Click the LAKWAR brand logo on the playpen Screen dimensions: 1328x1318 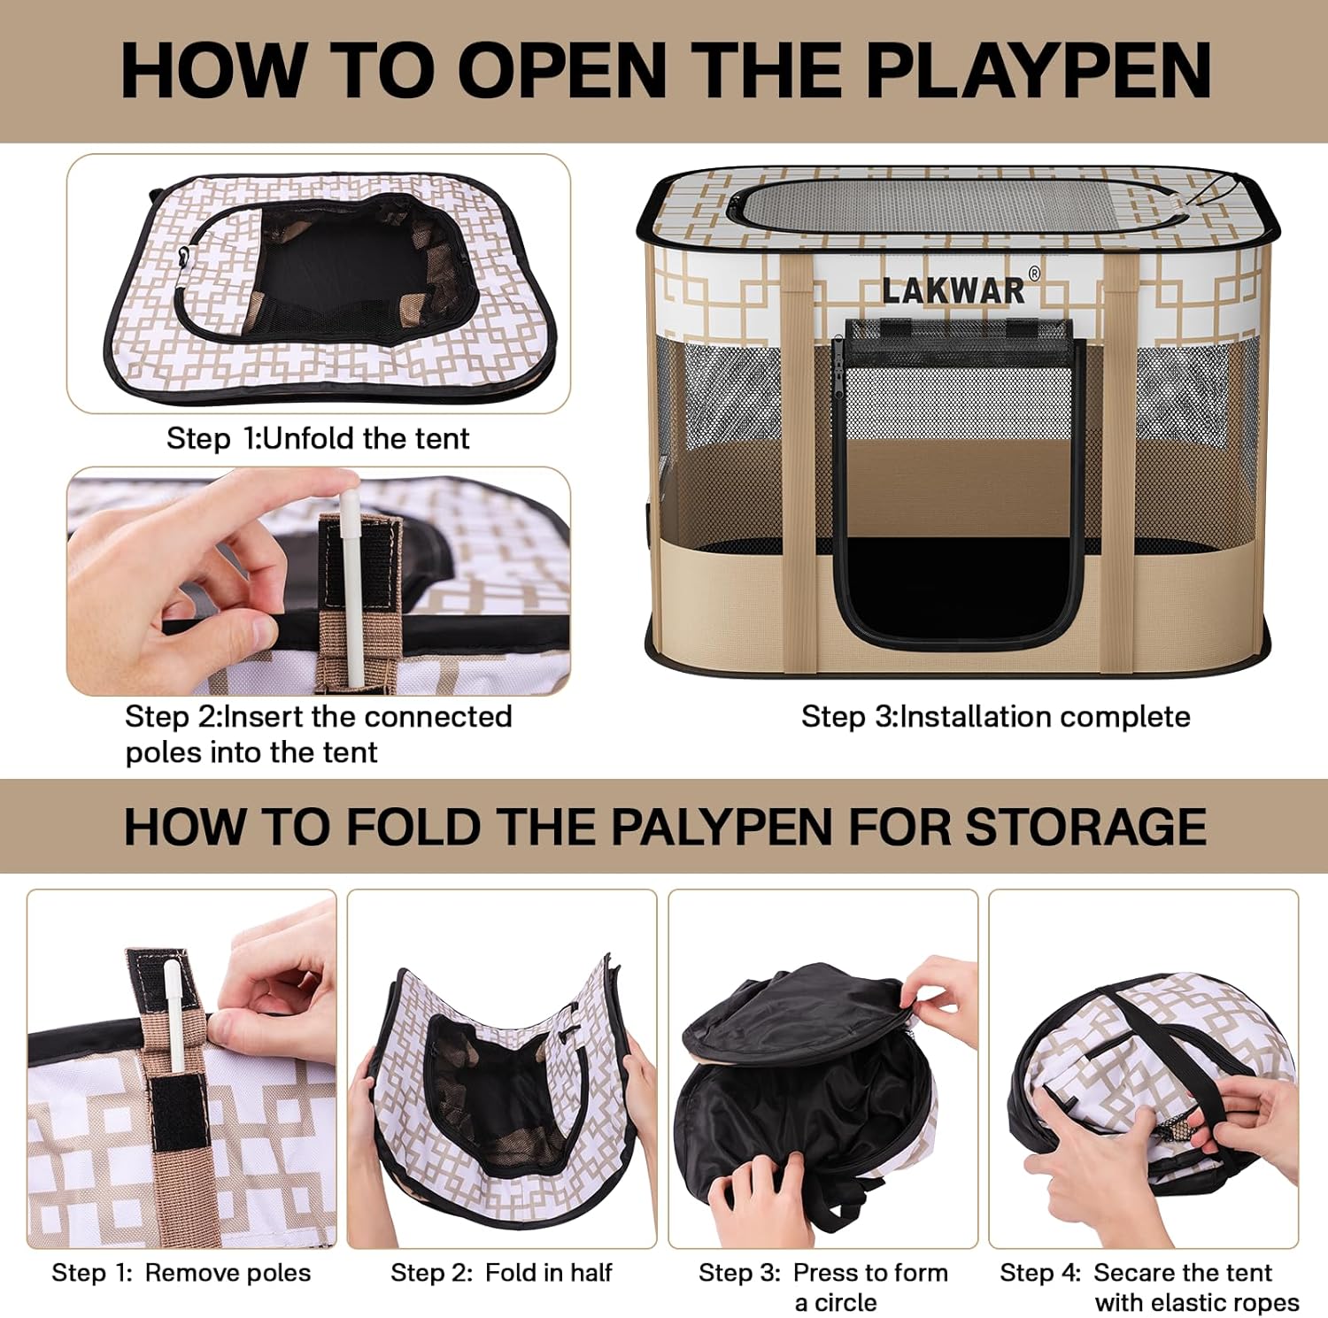pyautogui.click(x=953, y=290)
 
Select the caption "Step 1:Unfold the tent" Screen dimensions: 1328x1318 pyautogui.click(x=318, y=438)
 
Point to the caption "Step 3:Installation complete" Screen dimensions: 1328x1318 pyautogui.click(x=996, y=716)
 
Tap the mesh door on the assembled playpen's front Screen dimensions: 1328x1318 pyautogui.click(x=959, y=482)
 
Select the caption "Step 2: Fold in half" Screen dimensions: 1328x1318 pyautogui.click(x=501, y=1272)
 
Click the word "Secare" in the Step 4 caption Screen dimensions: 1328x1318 pyautogui.click(x=1134, y=1272)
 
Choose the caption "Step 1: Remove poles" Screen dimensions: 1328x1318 pyautogui.click(x=181, y=1272)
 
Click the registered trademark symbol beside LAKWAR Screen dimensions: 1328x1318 pyautogui.click(x=1033, y=274)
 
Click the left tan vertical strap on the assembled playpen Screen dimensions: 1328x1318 pyautogui.click(x=796, y=460)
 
